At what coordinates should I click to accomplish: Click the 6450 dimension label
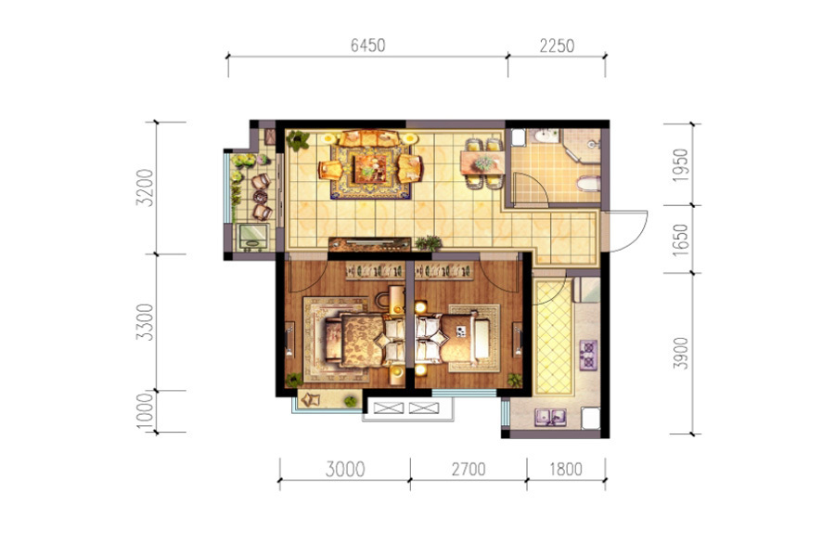pyautogui.click(x=367, y=45)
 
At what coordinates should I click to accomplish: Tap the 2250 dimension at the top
pyautogui.click(x=557, y=45)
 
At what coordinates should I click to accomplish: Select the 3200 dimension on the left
pyautogui.click(x=145, y=188)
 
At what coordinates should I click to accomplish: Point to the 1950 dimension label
pyautogui.click(x=681, y=165)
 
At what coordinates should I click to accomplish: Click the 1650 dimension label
pyautogui.click(x=681, y=240)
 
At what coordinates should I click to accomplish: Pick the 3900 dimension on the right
pyautogui.click(x=681, y=353)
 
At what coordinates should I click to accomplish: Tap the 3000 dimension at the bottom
pyautogui.click(x=345, y=470)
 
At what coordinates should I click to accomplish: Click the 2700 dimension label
pyautogui.click(x=469, y=469)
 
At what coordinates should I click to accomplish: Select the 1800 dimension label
pyautogui.click(x=566, y=469)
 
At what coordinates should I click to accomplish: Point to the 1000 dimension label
pyautogui.click(x=145, y=411)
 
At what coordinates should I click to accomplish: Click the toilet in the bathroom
pyautogui.click(x=588, y=184)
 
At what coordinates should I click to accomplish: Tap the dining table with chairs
pyautogui.click(x=483, y=163)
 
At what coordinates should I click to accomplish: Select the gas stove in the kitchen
pyautogui.click(x=588, y=355)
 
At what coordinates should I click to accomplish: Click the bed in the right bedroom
pyautogui.click(x=453, y=340)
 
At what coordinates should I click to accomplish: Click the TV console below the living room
pyautogui.click(x=369, y=244)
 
